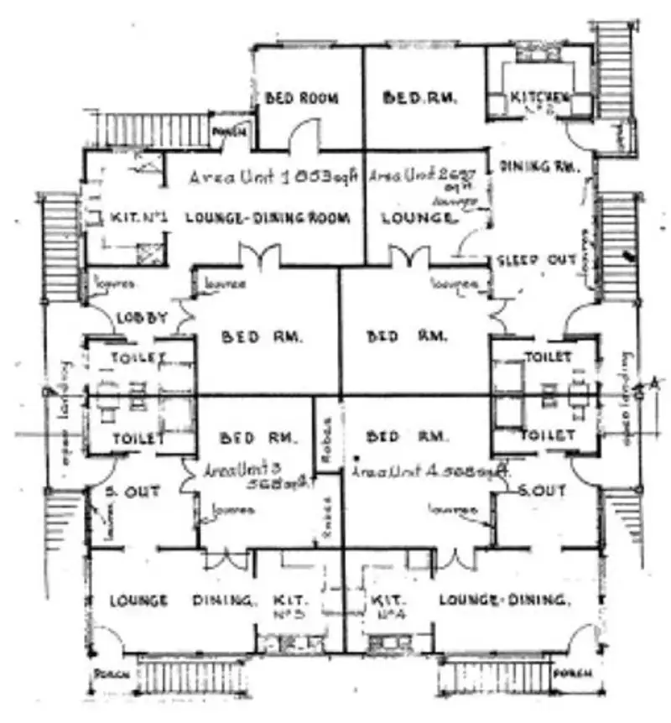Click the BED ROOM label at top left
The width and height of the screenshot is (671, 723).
point(301,98)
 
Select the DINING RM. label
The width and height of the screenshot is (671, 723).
point(539,167)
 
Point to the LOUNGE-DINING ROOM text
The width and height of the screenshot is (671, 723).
point(266,218)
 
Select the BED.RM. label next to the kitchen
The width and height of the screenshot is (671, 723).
point(419,97)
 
